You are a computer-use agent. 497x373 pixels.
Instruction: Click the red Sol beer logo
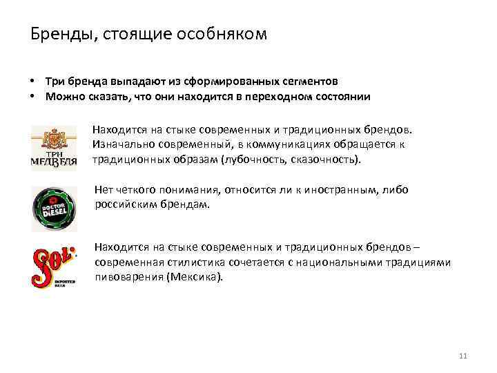(54, 267)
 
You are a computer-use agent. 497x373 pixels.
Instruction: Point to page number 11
(462, 356)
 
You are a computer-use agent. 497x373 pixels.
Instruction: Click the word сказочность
(329, 159)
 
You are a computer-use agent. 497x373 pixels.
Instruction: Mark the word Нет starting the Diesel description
(104, 191)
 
